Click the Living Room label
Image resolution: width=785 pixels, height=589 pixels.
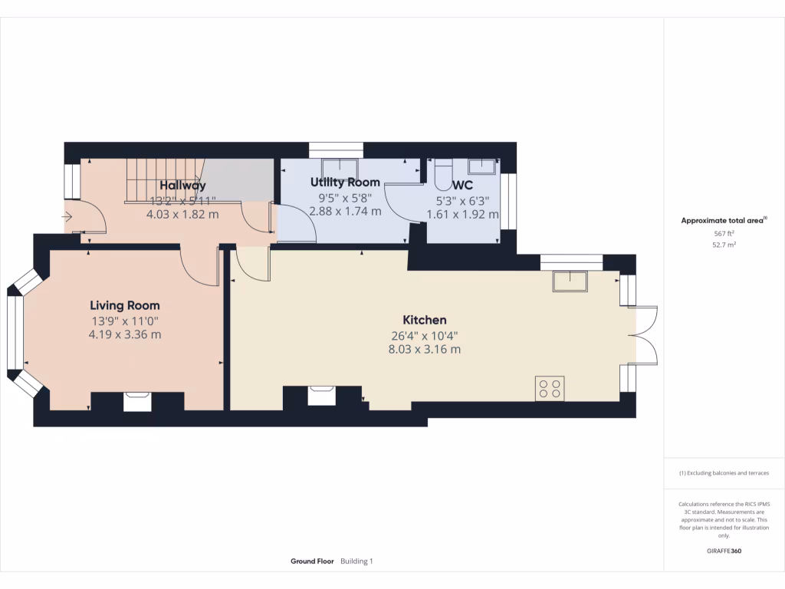point(124,305)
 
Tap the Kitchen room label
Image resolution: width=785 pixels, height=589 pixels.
point(425,320)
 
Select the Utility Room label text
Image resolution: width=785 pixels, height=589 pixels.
point(345,183)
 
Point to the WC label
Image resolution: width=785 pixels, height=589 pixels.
point(462,186)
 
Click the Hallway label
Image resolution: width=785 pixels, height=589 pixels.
point(182,186)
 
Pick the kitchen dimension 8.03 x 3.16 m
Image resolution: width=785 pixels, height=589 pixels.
point(425,349)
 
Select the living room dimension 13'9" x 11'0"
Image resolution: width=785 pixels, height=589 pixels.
point(124,321)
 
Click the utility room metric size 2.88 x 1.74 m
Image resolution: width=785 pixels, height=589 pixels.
point(350,211)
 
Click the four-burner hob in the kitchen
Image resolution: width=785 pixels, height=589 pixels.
point(550,388)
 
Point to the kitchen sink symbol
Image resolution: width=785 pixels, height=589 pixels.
point(570,281)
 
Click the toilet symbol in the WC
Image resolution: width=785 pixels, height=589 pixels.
point(443,176)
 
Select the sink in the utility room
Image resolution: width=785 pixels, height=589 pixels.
point(340,168)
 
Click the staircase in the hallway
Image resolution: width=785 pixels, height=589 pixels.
point(156,181)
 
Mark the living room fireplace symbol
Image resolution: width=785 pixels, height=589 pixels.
point(137,400)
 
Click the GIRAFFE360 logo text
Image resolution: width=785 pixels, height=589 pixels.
point(724,551)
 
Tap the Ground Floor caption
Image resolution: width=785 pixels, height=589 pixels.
point(312,561)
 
